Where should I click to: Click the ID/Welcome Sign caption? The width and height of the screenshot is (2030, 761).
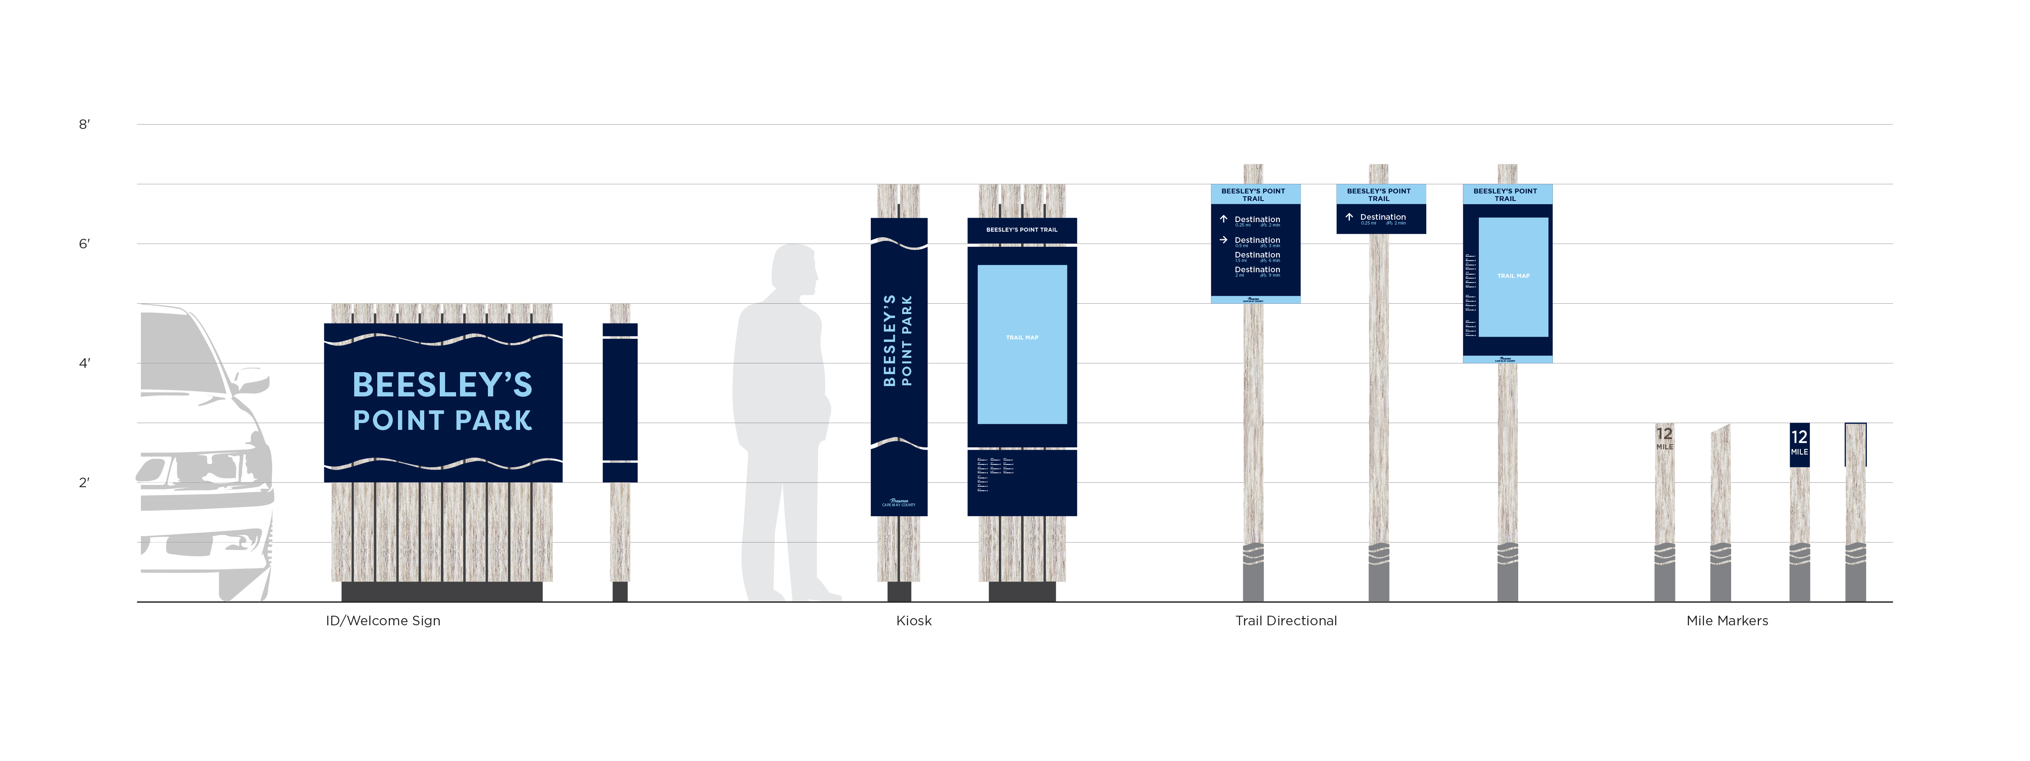[383, 621]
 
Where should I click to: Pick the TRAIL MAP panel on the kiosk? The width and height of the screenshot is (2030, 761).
[1022, 344]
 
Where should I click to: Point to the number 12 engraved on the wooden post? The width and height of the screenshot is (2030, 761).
[1664, 434]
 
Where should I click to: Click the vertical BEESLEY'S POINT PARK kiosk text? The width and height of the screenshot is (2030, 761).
[898, 340]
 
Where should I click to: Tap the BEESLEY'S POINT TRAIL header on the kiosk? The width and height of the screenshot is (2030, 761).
[1022, 230]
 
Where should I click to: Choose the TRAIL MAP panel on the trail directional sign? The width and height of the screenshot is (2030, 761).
[1513, 277]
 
